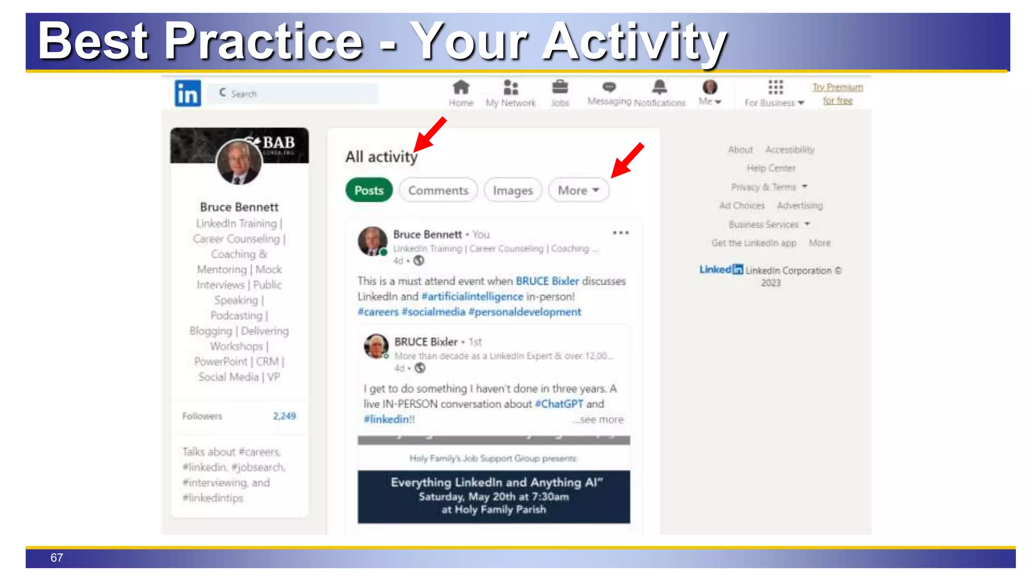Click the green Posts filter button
pyautogui.click(x=369, y=190)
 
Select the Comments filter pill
pyautogui.click(x=438, y=190)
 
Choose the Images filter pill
pyautogui.click(x=512, y=190)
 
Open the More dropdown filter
pyautogui.click(x=578, y=190)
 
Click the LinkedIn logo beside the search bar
pyautogui.click(x=188, y=93)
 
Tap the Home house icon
pyautogui.click(x=461, y=88)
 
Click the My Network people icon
pyautogui.click(x=510, y=88)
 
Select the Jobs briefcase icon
pyautogui.click(x=559, y=88)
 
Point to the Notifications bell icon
pyautogui.click(x=659, y=87)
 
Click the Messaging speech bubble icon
pyautogui.click(x=609, y=87)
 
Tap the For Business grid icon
pyautogui.click(x=775, y=87)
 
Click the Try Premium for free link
pyautogui.click(x=837, y=94)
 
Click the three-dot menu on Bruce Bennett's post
pyautogui.click(x=620, y=233)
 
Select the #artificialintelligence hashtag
pyautogui.click(x=472, y=297)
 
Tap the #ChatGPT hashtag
pyautogui.click(x=559, y=404)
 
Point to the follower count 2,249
pyautogui.click(x=284, y=416)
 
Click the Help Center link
pyautogui.click(x=771, y=168)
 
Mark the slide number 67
pyautogui.click(x=56, y=558)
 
